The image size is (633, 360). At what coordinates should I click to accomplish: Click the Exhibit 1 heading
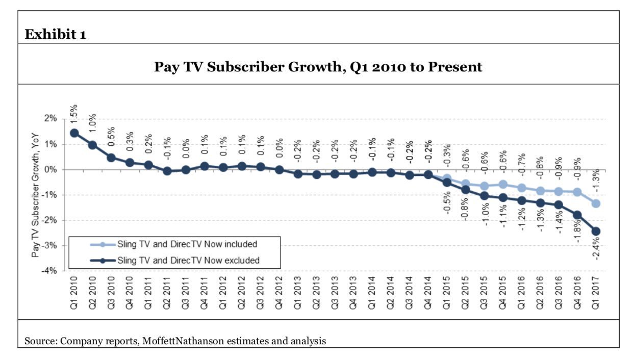56,35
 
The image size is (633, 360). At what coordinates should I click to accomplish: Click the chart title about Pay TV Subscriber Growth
318,67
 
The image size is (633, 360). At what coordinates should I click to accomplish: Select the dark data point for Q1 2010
74,133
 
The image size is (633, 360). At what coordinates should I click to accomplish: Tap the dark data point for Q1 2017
596,231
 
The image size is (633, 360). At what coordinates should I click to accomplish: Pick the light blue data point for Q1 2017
596,203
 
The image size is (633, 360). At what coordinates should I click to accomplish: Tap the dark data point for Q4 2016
577,215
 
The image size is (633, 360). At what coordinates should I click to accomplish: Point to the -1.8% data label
578,233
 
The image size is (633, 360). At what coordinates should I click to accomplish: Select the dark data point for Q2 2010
93,145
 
